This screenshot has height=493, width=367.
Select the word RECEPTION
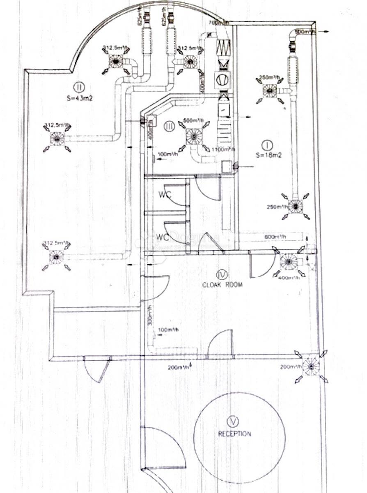(234, 433)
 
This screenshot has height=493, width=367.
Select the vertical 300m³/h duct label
(151, 315)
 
